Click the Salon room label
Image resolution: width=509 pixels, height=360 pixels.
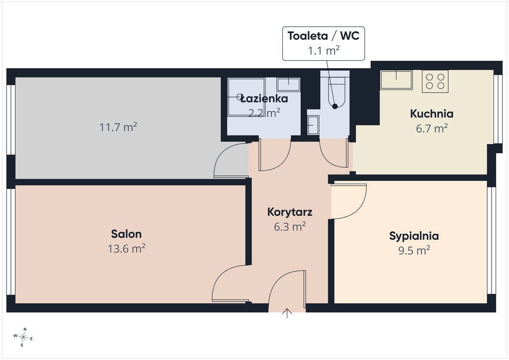pyautogui.click(x=126, y=234)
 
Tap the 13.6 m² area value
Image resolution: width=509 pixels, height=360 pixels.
pyautogui.click(x=126, y=249)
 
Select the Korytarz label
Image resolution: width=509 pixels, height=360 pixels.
pyautogui.click(x=290, y=212)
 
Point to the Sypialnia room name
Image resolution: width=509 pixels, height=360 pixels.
pyautogui.click(x=414, y=236)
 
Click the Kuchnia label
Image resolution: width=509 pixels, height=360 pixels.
pyautogui.click(x=432, y=113)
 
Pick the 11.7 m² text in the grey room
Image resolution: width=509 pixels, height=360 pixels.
pyautogui.click(x=118, y=127)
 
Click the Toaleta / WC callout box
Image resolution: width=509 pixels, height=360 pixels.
pyautogui.click(x=324, y=43)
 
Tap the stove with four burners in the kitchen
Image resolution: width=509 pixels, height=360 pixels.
pyautogui.click(x=435, y=82)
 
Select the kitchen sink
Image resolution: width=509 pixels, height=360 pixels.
pyautogui.click(x=396, y=80)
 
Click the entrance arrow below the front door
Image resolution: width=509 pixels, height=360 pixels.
pyautogui.click(x=287, y=313)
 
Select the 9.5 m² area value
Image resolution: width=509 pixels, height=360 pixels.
pyautogui.click(x=414, y=251)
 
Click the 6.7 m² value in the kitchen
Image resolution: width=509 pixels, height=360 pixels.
pyautogui.click(x=432, y=129)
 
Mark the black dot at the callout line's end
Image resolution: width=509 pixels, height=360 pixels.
pyautogui.click(x=335, y=106)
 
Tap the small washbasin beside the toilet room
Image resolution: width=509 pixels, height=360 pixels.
pyautogui.click(x=313, y=125)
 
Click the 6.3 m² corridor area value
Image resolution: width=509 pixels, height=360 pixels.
pyautogui.click(x=290, y=227)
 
